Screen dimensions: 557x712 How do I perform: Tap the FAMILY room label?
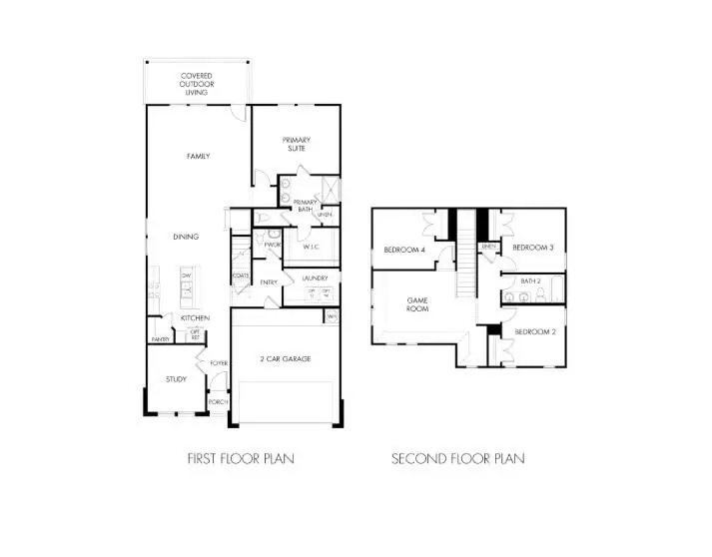coord(197,157)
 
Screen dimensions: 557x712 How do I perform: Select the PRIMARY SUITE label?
coord(296,144)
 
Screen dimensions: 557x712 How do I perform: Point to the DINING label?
coord(185,237)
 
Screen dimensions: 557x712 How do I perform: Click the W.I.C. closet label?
coord(311,246)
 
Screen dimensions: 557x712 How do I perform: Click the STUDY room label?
coord(176,379)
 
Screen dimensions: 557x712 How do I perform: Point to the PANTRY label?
coord(160,339)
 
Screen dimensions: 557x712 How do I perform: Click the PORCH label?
coord(218,401)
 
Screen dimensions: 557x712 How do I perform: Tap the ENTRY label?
coord(269,282)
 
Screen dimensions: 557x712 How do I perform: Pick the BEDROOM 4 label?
coord(404,249)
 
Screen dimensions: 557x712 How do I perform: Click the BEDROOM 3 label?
coord(533,247)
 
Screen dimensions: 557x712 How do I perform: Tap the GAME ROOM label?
coord(417,303)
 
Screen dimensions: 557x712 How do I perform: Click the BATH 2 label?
coord(530,281)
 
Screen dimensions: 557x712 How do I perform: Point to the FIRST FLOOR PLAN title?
coord(241,458)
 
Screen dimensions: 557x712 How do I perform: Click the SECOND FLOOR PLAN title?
coord(457,458)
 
